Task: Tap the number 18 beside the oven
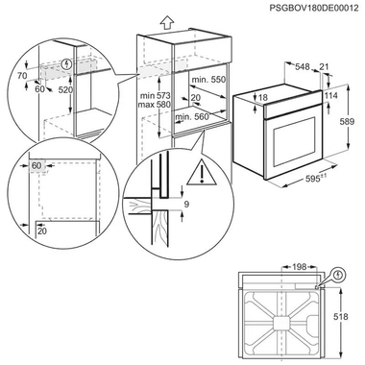pyautogui.click(x=262, y=98)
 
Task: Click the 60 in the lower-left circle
pyautogui.click(x=37, y=166)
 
